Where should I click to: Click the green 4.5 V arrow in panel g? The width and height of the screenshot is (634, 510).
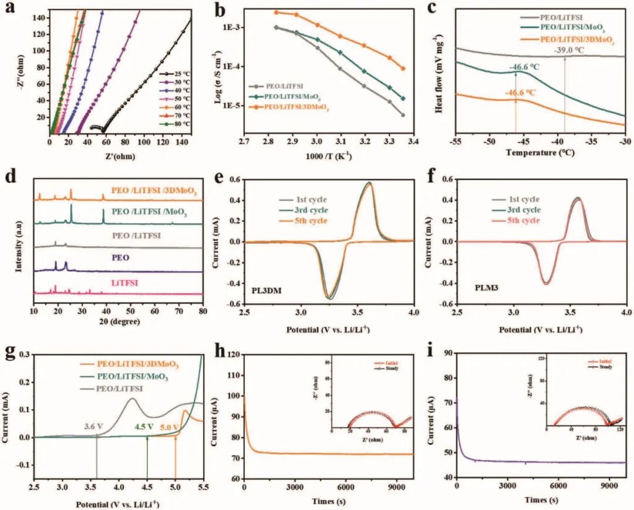coord(147,457)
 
